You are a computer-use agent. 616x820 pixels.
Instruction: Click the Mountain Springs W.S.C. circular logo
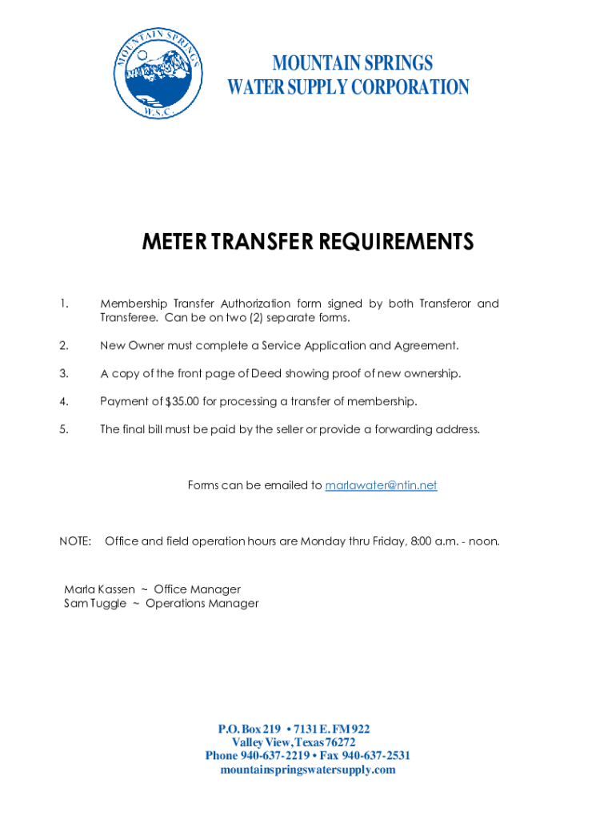point(158,74)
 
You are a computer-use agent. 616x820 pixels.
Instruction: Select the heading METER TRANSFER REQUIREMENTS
point(308,241)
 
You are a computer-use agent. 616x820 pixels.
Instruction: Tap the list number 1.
point(64,303)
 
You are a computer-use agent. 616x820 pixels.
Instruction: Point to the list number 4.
point(64,401)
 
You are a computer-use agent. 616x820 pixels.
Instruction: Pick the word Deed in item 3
point(266,373)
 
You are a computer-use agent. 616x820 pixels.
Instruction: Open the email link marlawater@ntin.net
point(381,485)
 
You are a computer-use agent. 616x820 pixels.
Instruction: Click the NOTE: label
point(75,541)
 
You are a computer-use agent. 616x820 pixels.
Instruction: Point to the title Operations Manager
point(202,603)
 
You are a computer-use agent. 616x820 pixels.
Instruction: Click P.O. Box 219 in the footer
point(250,729)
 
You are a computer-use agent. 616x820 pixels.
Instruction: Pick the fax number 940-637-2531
point(376,756)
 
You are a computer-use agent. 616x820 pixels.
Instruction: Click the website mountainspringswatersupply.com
point(308,770)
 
